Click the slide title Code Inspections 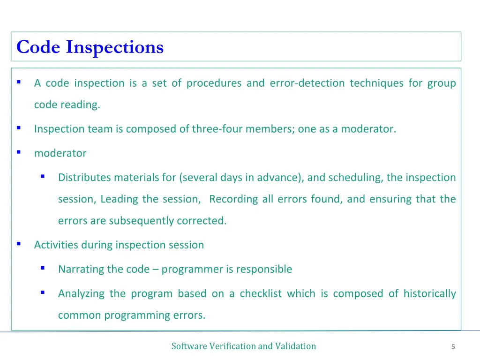(90, 47)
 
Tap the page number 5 (453, 347)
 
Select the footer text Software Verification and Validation (243, 346)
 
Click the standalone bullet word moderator (60, 153)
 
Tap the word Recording (233, 199)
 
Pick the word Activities (56, 245)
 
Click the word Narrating (81, 270)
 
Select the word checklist (261, 294)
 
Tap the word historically (429, 294)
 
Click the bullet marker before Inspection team (19, 127)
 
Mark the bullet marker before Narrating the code (43, 268)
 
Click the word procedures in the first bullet (214, 83)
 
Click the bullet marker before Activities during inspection (19, 244)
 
